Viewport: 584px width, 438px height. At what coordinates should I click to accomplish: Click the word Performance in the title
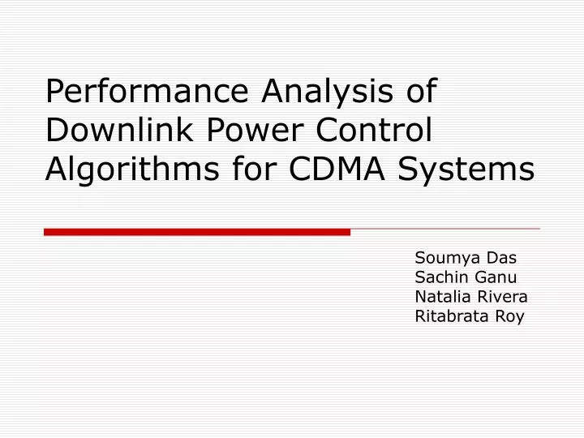(x=148, y=92)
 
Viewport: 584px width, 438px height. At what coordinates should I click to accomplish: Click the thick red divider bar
(x=197, y=232)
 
